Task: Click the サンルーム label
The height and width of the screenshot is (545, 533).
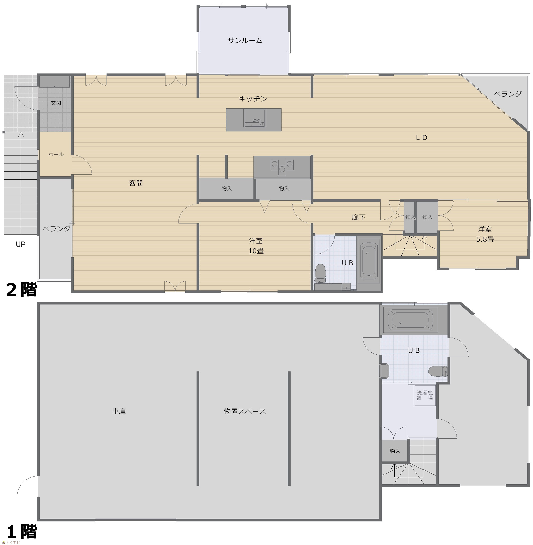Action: (245, 41)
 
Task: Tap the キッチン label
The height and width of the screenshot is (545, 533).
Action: (253, 99)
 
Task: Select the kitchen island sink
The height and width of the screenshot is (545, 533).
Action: (254, 118)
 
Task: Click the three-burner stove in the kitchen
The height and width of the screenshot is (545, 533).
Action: (282, 167)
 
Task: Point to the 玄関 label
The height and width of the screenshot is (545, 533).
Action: (56, 103)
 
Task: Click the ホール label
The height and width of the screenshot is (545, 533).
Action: (56, 154)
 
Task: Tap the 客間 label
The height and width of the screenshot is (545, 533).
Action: (136, 183)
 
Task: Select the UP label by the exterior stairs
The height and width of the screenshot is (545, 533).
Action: (21, 244)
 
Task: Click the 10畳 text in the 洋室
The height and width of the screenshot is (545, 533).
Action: (256, 251)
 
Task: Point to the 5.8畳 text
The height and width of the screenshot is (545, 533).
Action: (485, 239)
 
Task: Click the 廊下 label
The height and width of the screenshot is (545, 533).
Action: (359, 217)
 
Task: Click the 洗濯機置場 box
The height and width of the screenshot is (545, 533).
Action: (425, 396)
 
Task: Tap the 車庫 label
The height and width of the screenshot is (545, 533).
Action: (119, 411)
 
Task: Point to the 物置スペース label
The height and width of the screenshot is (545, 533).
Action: (245, 411)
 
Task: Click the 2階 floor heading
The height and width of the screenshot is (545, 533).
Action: (22, 290)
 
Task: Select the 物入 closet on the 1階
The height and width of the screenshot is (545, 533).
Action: (395, 451)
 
